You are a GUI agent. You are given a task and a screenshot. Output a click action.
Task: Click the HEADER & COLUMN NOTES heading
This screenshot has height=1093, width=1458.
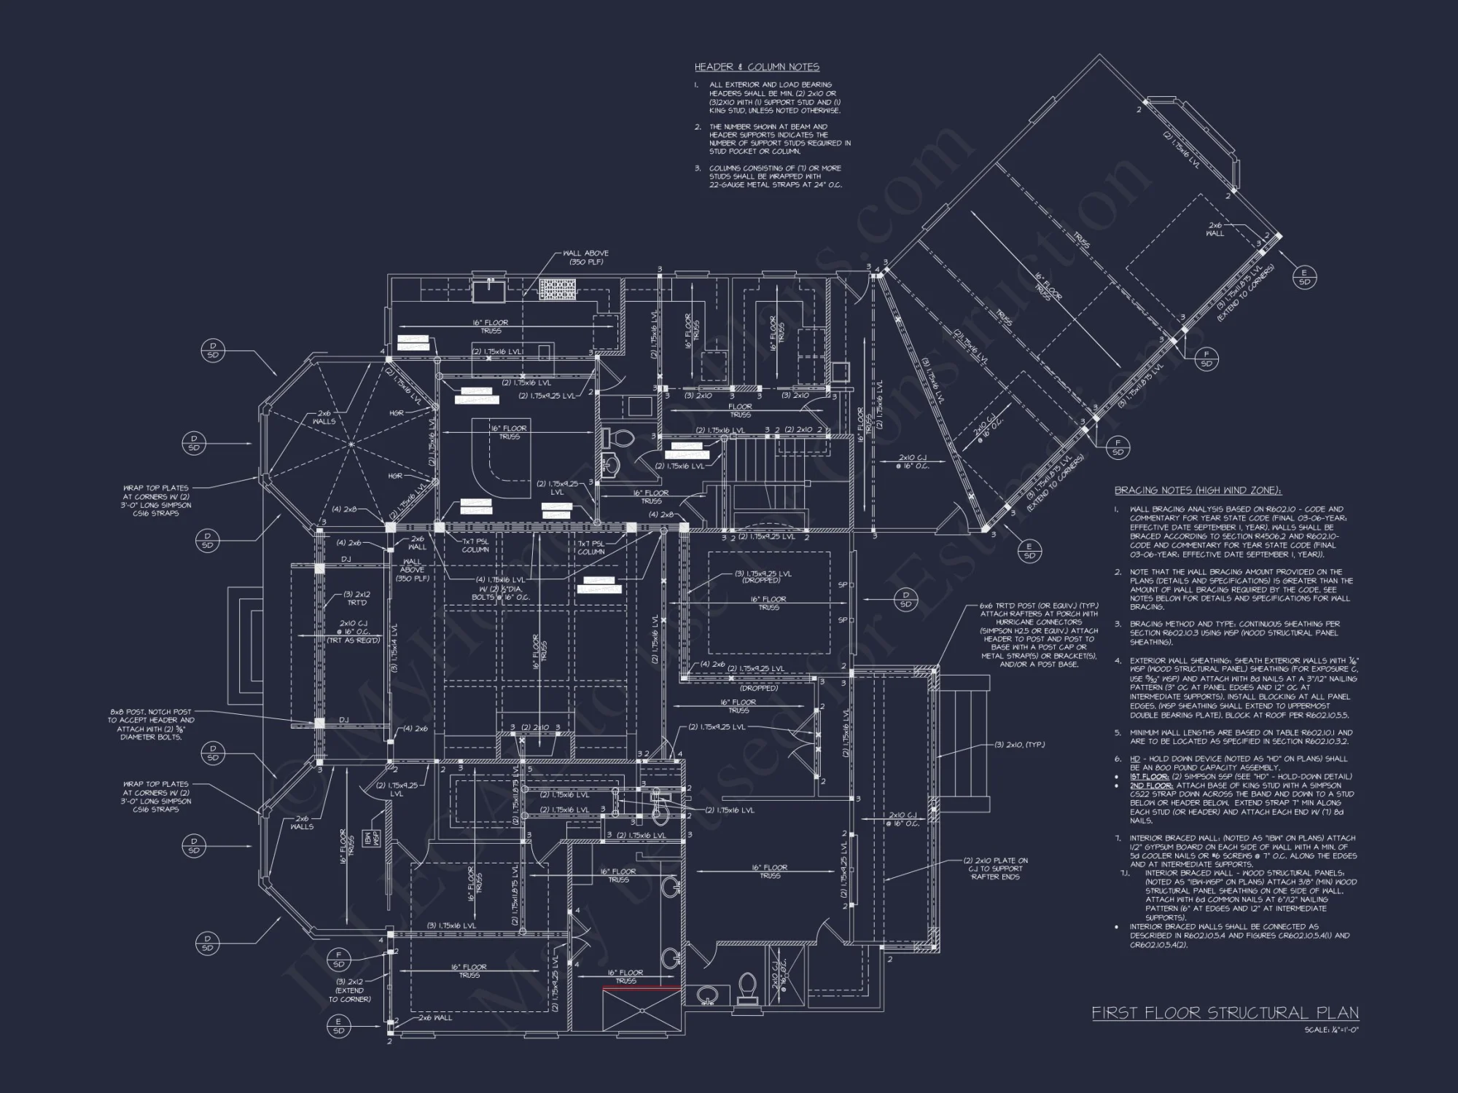coord(757,67)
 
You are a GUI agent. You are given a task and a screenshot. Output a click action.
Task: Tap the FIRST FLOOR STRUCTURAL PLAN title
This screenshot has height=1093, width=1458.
coord(1225,1013)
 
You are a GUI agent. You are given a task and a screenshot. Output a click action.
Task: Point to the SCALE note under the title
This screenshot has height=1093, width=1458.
coord(1332,1030)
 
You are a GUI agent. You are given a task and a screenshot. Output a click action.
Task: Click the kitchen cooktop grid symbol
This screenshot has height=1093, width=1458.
coord(558,289)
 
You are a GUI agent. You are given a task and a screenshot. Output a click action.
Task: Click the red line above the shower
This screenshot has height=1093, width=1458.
coord(641,989)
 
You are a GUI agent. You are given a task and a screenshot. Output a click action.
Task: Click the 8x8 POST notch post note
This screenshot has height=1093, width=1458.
coord(152,724)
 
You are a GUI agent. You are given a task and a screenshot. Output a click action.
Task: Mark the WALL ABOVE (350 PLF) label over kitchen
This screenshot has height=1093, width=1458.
coord(585,257)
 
